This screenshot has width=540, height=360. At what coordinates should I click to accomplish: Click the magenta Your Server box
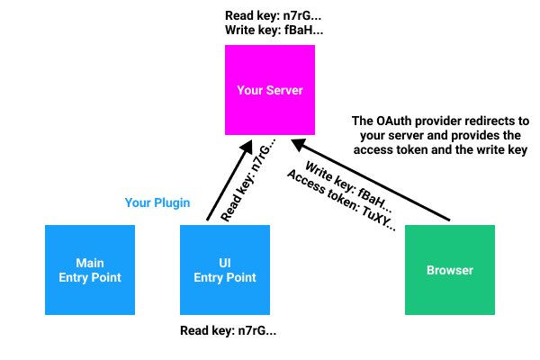click(x=270, y=90)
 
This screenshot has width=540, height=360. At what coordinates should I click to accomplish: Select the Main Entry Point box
click(x=90, y=270)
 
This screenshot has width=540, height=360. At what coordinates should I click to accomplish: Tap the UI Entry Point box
click(x=225, y=270)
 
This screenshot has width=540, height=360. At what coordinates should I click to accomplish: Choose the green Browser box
click(x=450, y=270)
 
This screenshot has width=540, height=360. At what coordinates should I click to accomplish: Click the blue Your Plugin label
click(x=157, y=202)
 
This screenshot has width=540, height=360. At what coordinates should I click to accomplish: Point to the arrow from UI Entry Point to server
click(x=229, y=180)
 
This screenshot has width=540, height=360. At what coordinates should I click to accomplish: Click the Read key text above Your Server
click(x=273, y=16)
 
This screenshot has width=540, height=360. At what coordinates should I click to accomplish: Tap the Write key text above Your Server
click(x=274, y=31)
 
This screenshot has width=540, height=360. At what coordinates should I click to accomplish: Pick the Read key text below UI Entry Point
click(x=228, y=330)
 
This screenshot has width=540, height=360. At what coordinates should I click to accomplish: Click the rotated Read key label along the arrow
click(x=248, y=180)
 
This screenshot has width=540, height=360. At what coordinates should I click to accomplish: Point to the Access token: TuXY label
click(x=342, y=200)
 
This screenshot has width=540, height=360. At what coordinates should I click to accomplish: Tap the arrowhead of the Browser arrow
click(x=298, y=144)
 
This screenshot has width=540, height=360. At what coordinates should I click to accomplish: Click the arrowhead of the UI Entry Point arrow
click(x=247, y=146)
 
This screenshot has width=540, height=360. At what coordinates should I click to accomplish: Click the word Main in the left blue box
click(x=90, y=263)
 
